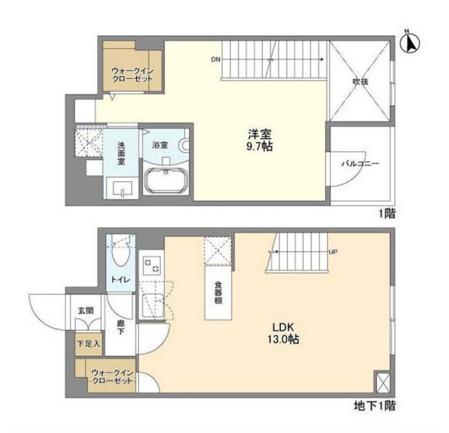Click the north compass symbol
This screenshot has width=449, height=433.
[x=410, y=43]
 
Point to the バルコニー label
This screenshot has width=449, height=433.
[x=361, y=164]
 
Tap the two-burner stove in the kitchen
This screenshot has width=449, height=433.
[x=151, y=265]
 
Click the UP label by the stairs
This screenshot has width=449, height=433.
[x=333, y=253]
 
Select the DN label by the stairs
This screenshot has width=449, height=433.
[x=216, y=60]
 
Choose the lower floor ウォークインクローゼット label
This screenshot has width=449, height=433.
[x=112, y=377]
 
